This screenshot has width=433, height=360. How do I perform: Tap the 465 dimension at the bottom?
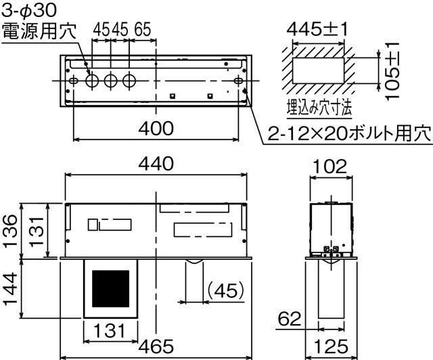pos(156,346)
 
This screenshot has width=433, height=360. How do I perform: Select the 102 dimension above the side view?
pos(331,166)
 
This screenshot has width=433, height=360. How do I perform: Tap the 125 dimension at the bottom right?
pos(331,346)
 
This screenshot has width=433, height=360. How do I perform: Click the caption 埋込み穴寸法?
pos(317,107)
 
